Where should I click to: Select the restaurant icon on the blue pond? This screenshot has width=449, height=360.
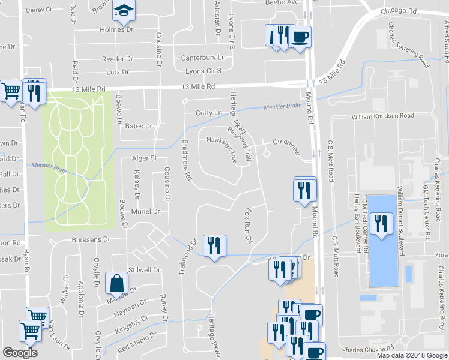click(381, 224)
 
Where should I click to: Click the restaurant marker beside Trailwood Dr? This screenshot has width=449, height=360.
click(213, 245)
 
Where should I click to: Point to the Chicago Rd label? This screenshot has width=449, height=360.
click(398, 11)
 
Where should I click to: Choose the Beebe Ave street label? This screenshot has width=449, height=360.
click(282, 2)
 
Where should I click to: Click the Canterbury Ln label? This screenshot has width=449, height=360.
click(204, 58)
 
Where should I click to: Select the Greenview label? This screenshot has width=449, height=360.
click(286, 142)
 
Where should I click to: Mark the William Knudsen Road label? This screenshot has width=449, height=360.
click(383, 115)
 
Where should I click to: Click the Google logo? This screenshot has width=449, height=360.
click(20, 353)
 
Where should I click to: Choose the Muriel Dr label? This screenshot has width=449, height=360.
click(147, 211)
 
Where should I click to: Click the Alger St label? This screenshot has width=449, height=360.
click(144, 158)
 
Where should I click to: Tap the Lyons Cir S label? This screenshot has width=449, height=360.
click(203, 71)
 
